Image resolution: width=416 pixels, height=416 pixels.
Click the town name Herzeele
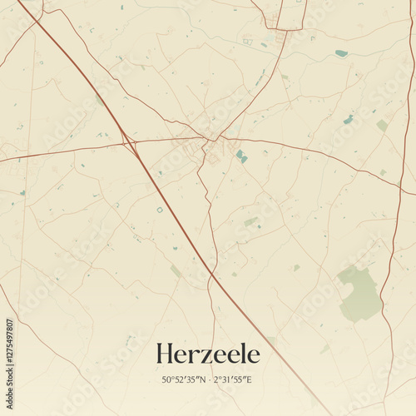click(207, 354)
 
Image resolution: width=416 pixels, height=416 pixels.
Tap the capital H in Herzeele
click(164, 354)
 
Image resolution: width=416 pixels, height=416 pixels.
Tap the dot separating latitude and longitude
click(208, 380)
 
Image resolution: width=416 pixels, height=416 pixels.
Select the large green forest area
click(359, 293)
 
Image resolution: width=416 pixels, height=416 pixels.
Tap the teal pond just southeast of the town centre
click(240, 156)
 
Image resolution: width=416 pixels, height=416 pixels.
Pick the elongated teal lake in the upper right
click(341, 53)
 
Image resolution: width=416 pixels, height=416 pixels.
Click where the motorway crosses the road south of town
click(211, 274)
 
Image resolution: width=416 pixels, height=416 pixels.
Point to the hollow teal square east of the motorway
click(160, 210)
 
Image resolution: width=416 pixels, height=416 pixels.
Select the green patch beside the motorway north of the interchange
click(100, 101)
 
